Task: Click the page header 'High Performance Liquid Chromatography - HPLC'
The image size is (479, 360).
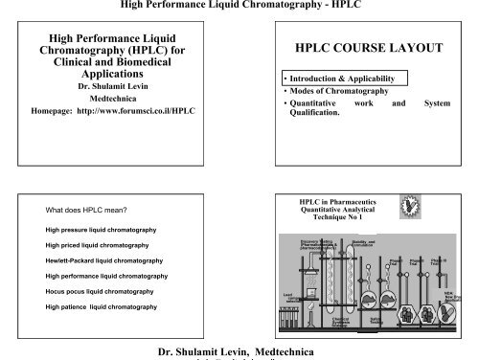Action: (239, 7)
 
